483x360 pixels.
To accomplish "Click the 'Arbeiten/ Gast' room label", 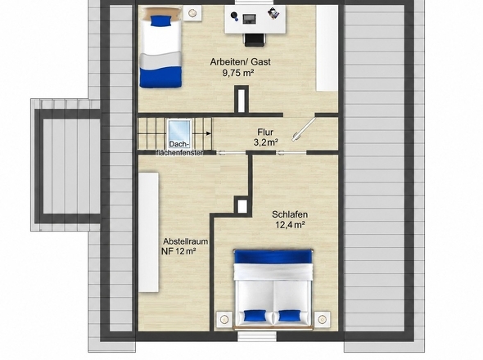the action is click(240, 62).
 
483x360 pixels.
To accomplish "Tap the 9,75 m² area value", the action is click(237, 73).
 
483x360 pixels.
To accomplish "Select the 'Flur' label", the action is click(265, 132).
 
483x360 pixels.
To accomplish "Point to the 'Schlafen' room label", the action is click(290, 214).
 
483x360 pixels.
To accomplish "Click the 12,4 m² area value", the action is click(290, 225).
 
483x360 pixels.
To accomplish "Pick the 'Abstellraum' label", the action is click(186, 241).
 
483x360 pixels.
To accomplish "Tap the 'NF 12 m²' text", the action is click(179, 251).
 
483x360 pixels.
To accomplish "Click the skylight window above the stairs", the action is click(179, 131).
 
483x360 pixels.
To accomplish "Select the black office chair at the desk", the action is click(255, 40).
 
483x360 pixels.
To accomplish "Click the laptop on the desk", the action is click(249, 19).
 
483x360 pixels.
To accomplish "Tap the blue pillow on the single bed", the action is click(160, 21).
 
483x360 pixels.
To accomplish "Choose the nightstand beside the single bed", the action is click(192, 13).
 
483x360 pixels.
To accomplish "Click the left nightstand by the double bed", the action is click(224, 320).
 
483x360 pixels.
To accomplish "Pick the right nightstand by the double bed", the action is click(323, 319).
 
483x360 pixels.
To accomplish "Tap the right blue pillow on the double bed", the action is click(290, 316).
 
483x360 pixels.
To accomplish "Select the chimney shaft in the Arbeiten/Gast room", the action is click(241, 99).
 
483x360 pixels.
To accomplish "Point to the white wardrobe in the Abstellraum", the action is click(148, 232).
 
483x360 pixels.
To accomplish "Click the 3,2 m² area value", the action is click(266, 142).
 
